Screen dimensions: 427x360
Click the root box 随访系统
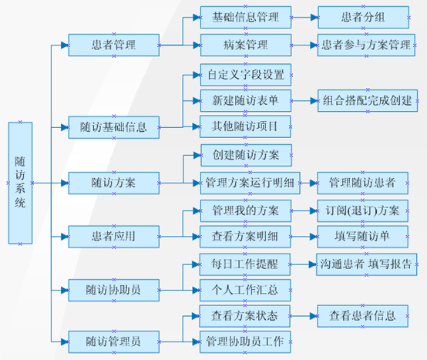[x=20, y=183]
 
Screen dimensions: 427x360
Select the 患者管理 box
[x=114, y=45]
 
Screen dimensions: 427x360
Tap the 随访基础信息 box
[x=114, y=127]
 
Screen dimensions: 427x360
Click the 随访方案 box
[x=114, y=183]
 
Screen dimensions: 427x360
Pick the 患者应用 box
[x=114, y=237]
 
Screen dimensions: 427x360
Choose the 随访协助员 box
[x=114, y=291]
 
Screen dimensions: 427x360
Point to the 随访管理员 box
[x=114, y=342]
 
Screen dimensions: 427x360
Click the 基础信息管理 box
[x=246, y=18]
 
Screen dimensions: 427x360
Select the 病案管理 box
[x=246, y=45]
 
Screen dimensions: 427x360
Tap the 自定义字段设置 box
[x=246, y=75]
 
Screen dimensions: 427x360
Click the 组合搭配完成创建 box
[x=368, y=101]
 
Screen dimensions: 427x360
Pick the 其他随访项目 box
[x=245, y=126]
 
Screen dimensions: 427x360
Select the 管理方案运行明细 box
[x=250, y=183]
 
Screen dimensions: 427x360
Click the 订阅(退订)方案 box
[x=362, y=210]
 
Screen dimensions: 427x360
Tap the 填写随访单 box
[x=362, y=237]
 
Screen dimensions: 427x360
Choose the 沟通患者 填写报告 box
[x=367, y=264]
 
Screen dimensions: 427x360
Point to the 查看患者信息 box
[x=362, y=316]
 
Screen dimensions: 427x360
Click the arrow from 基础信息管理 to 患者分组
[x=304, y=18]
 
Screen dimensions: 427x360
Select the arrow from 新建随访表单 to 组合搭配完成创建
[x=304, y=101]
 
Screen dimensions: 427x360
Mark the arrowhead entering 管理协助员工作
[x=197, y=342]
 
